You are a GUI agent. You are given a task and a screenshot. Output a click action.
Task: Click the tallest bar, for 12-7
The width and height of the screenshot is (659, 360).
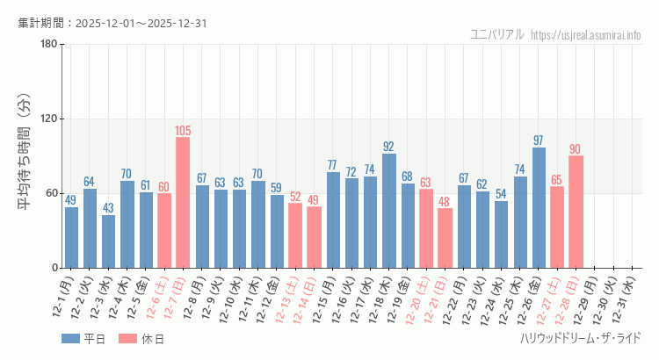[x=183, y=202]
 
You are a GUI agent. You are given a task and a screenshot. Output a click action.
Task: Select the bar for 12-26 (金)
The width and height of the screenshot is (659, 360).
[x=539, y=207]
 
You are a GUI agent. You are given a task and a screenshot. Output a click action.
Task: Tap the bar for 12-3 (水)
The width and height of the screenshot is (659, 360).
[x=108, y=241]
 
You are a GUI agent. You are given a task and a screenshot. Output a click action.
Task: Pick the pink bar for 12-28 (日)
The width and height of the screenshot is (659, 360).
[x=576, y=212]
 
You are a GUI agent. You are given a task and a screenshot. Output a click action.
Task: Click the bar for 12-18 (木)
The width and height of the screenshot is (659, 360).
[x=389, y=211]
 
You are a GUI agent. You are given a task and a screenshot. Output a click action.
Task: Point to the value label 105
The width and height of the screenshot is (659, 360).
[x=183, y=131]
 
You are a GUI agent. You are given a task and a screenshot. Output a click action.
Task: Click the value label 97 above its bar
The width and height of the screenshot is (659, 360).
[x=539, y=140]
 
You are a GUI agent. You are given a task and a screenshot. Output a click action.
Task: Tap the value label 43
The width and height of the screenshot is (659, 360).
[x=108, y=208]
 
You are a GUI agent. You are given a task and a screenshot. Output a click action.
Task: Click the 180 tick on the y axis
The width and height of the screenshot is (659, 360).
[x=48, y=44]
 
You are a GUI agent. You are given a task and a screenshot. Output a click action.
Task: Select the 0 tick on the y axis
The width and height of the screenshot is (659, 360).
[x=54, y=268]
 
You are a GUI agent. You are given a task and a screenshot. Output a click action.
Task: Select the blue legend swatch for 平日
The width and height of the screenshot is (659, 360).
[x=71, y=338]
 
